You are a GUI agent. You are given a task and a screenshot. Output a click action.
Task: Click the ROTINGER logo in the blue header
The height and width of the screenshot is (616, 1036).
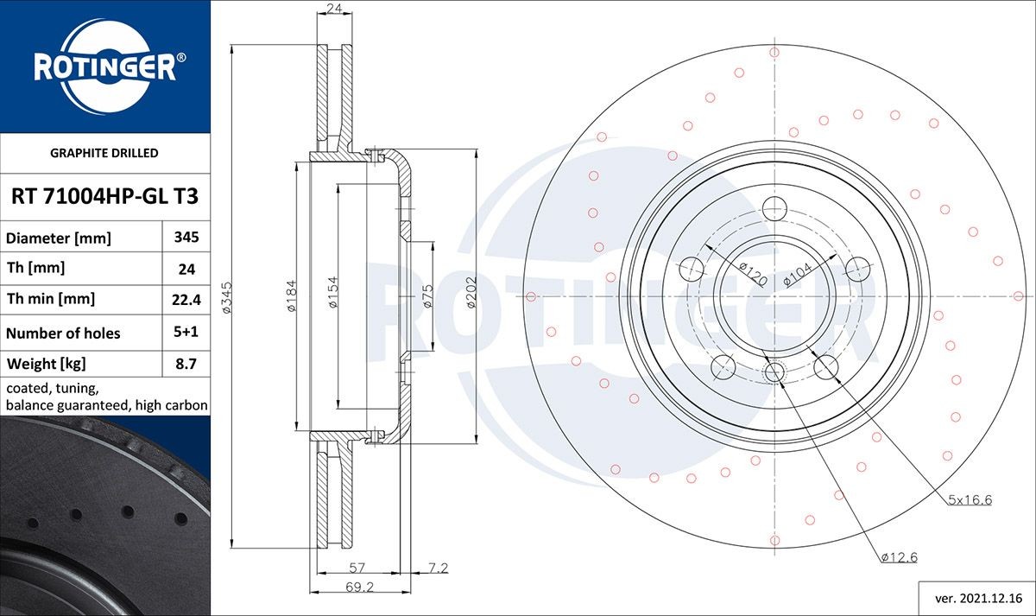point(104,66)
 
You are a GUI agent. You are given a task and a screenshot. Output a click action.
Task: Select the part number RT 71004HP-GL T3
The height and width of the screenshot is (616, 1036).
point(104,197)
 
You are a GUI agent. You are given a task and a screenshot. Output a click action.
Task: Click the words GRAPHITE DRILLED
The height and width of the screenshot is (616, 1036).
point(104,153)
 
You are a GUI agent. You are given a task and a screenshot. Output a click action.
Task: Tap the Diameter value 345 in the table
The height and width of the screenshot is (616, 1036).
point(186,238)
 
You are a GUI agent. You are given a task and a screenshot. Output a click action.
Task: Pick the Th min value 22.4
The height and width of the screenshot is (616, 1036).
point(186,300)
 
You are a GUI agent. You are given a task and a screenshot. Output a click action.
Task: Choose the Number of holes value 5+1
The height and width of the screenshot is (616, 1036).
point(186,333)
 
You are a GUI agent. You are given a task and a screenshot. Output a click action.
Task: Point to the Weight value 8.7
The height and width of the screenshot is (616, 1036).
point(186,364)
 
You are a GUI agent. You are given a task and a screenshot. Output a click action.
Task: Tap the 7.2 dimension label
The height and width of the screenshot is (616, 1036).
point(438,568)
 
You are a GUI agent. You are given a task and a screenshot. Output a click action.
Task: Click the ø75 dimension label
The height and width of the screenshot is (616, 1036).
point(427,295)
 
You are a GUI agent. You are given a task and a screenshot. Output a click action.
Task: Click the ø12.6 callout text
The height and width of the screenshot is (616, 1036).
point(899,557)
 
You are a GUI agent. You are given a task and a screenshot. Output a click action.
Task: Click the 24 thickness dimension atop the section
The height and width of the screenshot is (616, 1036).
point(332,10)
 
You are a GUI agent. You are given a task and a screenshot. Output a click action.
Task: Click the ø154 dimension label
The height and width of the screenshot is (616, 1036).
point(332,295)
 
